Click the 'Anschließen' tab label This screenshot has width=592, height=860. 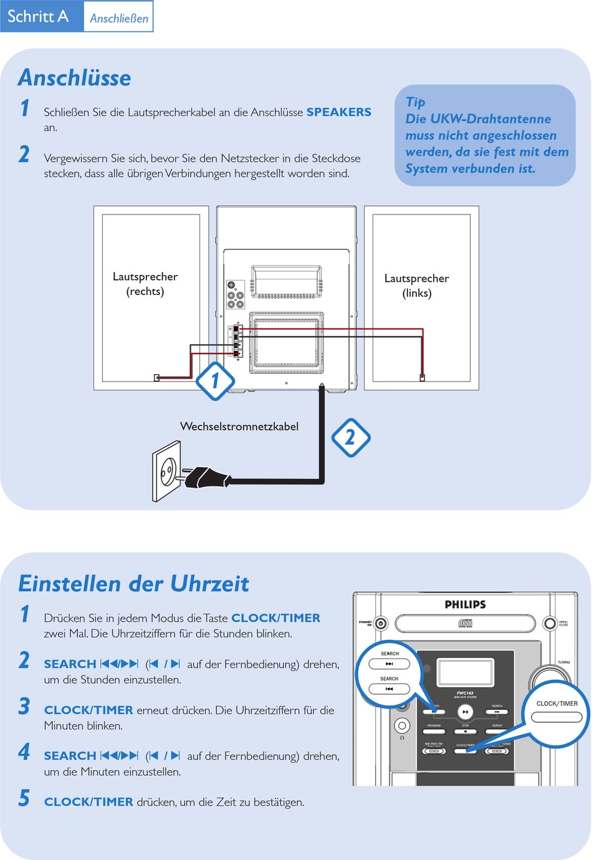pos(119,18)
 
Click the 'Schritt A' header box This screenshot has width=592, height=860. pos(39,16)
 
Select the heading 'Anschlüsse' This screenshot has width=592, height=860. pos(75,78)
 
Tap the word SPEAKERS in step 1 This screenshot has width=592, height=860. pos(338,112)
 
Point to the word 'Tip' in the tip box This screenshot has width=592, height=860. pos(415,102)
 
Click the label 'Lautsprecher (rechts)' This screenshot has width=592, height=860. pos(145,284)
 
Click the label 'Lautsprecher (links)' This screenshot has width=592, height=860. pos(416,286)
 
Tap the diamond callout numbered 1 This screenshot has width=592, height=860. pos(215,380)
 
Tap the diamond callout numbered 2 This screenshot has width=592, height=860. pos(350,437)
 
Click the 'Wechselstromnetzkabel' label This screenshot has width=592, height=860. pos(239,427)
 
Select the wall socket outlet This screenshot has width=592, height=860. pos(167,471)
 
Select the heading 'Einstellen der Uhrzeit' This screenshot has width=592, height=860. pos(133,584)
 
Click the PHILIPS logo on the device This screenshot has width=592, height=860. pos(465,604)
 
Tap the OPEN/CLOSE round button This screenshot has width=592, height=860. pos(550,623)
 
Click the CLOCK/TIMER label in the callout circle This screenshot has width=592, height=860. pos(557,703)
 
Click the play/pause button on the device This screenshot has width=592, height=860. pos(465,712)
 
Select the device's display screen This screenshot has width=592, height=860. pos(465,672)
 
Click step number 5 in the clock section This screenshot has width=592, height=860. pos(24,798)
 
